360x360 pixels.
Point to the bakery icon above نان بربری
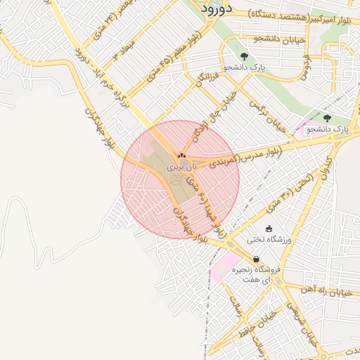coord(181,156)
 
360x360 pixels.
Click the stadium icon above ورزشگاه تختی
coord(269,229)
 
